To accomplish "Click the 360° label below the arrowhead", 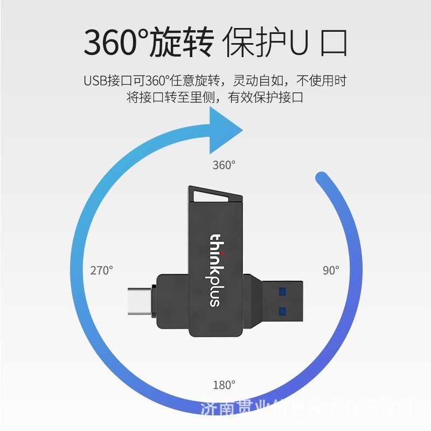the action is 224,165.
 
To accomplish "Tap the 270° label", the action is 102,270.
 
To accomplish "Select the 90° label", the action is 331,270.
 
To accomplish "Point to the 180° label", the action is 224,385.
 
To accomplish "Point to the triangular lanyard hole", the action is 212,196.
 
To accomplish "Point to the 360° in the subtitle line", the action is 157,81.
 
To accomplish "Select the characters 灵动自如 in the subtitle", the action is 258,81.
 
